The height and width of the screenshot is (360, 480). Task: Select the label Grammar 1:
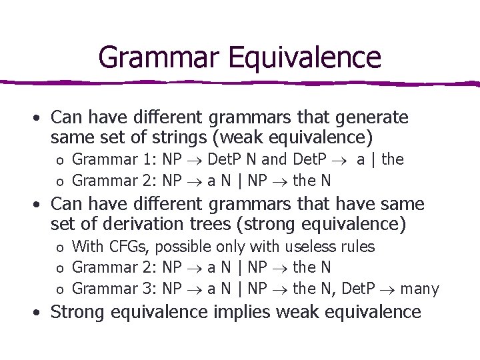point(112,160)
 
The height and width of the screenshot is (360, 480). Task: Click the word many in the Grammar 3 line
point(421,289)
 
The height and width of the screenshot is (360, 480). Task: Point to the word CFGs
point(131,247)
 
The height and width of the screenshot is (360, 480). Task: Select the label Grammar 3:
point(112,289)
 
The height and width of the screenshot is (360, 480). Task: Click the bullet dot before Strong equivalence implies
point(39,312)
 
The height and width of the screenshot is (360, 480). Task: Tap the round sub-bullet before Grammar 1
point(59,161)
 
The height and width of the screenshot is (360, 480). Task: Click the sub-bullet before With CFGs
point(59,247)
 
